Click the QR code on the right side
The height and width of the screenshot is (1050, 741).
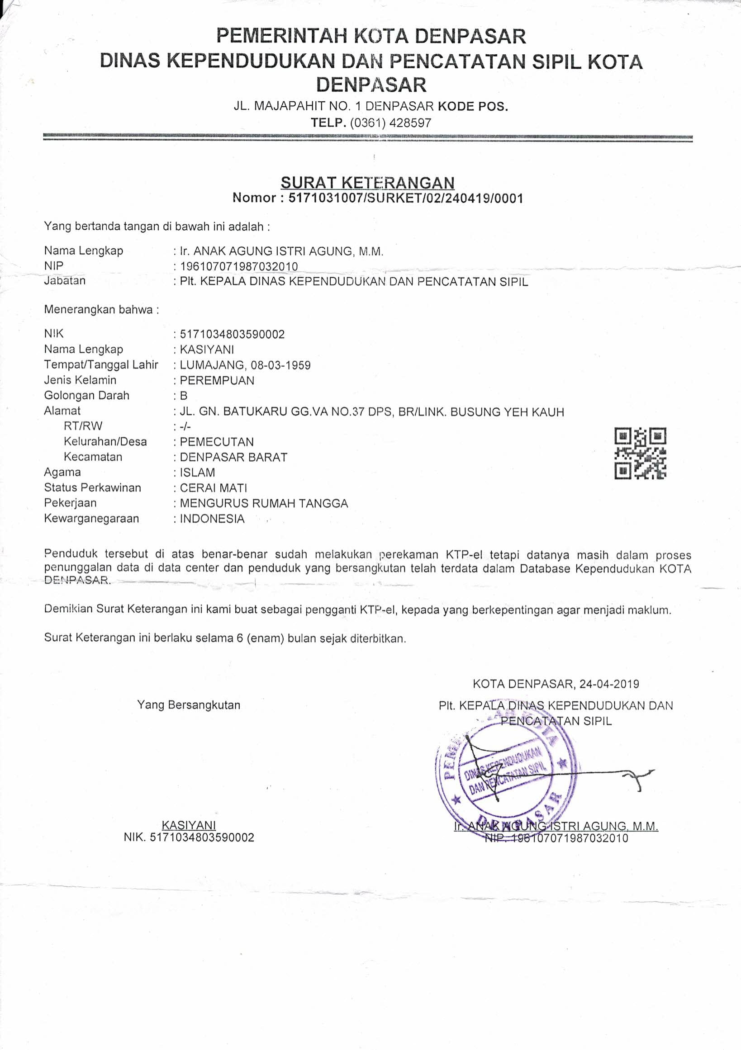tap(640, 453)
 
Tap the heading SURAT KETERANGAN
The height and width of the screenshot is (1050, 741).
tap(367, 183)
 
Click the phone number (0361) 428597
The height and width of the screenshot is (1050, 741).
tap(390, 123)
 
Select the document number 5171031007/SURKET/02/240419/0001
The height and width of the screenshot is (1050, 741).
tap(406, 198)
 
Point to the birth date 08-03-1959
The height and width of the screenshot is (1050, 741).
tap(280, 365)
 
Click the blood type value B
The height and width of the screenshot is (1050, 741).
tap(184, 396)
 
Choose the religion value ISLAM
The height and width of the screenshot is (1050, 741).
tap(197, 473)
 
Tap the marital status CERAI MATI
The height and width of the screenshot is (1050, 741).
tap(213, 488)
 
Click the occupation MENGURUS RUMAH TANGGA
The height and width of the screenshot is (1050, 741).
tap(263, 503)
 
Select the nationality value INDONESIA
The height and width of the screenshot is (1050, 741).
tap(212, 519)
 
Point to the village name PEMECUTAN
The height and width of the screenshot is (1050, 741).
tap(216, 442)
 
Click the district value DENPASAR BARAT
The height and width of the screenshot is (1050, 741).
tap(233, 457)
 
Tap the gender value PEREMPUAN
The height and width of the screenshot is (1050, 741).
tap(217, 380)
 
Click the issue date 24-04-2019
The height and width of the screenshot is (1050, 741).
tap(609, 684)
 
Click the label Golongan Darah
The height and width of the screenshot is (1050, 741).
tap(86, 396)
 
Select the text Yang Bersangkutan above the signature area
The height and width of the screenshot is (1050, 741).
tap(189, 705)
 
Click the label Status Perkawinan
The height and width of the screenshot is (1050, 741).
tap(92, 488)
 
